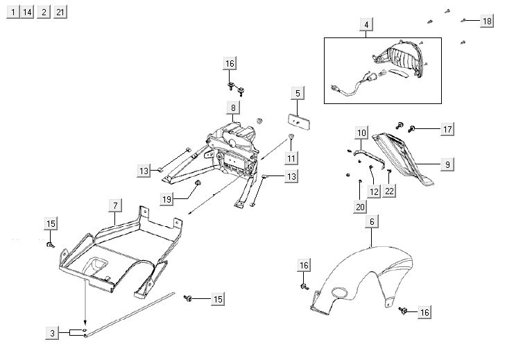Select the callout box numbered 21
(x=60, y=12)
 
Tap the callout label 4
(x=366, y=26)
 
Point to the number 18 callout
(x=487, y=22)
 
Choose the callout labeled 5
(x=297, y=93)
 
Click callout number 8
(x=233, y=108)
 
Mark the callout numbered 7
(x=115, y=205)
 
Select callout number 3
(x=53, y=334)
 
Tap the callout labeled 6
(x=372, y=222)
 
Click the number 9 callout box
(x=447, y=164)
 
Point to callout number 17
(x=447, y=129)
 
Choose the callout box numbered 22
(x=390, y=190)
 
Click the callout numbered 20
(x=359, y=206)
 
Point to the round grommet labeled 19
(x=196, y=182)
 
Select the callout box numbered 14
(x=27, y=12)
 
